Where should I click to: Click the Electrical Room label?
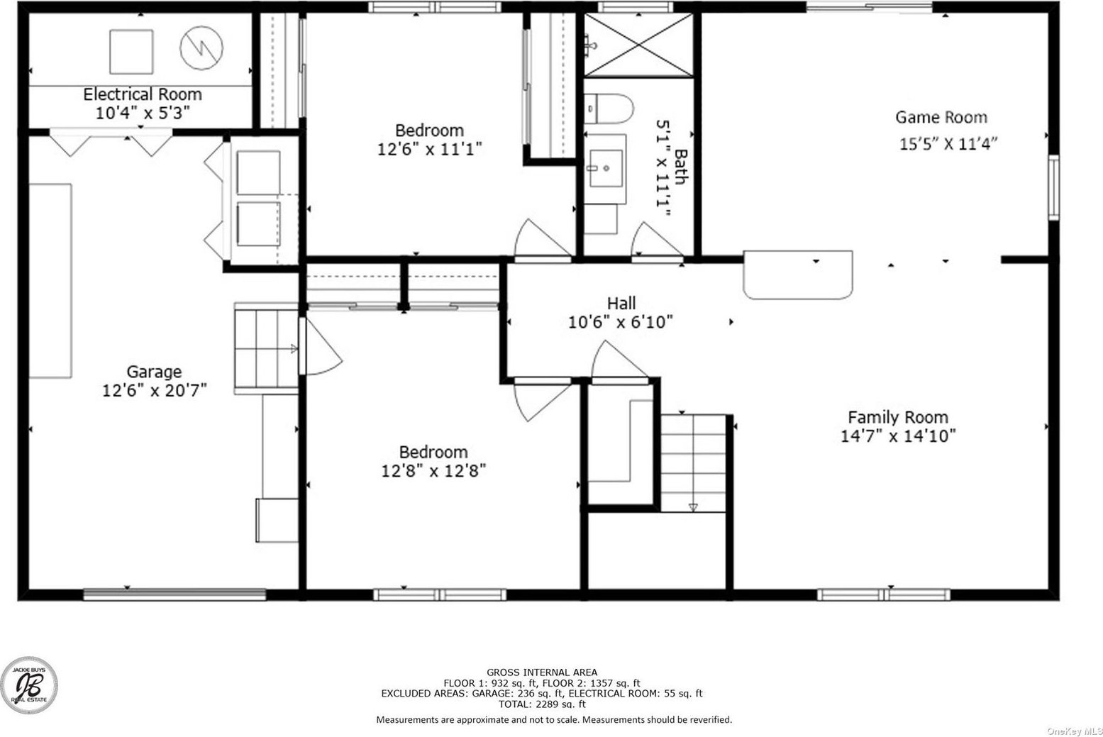coord(143,94)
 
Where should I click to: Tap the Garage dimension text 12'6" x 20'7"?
coord(154,390)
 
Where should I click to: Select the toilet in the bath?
coord(609,109)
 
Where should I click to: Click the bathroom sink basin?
coord(606,168)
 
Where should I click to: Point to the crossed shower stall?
coord(638,45)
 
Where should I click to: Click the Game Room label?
coord(941,117)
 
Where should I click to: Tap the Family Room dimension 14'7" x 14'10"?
coord(898,436)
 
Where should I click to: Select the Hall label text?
coord(621,303)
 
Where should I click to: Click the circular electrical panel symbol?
coord(201,48)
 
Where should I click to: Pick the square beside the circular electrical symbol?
coord(131,52)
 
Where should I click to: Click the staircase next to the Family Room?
coord(693,463)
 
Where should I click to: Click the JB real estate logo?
coord(29,685)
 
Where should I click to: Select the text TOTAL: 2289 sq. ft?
coord(542,704)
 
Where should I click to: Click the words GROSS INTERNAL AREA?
coord(542,672)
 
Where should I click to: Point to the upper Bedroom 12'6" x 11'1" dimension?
coord(429,149)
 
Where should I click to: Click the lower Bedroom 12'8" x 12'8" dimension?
coord(433,471)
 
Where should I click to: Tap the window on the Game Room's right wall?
coord(1053,187)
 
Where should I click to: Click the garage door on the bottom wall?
coord(174,594)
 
